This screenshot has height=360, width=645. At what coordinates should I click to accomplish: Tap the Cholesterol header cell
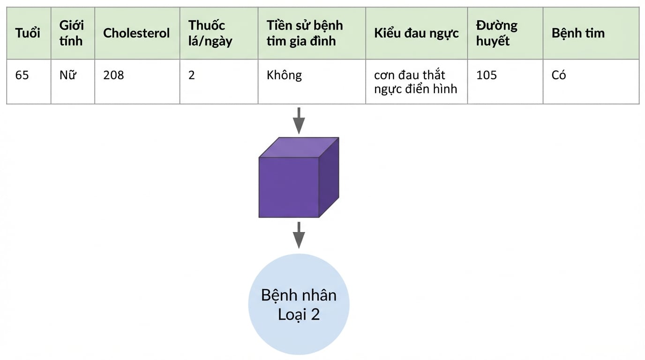[136, 33]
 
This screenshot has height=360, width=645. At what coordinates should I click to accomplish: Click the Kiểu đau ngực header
[416, 33]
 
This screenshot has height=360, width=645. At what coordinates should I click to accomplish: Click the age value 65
[22, 75]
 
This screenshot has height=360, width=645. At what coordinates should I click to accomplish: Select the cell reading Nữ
[68, 75]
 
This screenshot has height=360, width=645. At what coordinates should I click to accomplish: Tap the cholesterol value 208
[113, 75]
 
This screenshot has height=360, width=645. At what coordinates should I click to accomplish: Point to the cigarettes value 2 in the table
[191, 75]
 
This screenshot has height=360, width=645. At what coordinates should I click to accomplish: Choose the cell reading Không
[284, 75]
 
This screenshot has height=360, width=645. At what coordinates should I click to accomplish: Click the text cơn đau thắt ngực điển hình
[415, 82]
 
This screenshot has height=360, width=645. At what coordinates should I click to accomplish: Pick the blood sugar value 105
[487, 75]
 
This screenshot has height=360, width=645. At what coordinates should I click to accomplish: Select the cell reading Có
[559, 75]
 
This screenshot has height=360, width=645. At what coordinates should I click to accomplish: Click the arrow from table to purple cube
[299, 120]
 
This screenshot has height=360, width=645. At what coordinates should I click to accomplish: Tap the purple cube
[299, 177]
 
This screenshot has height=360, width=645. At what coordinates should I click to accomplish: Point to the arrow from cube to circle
[299, 235]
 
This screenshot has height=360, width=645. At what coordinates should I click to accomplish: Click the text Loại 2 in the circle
[299, 314]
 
